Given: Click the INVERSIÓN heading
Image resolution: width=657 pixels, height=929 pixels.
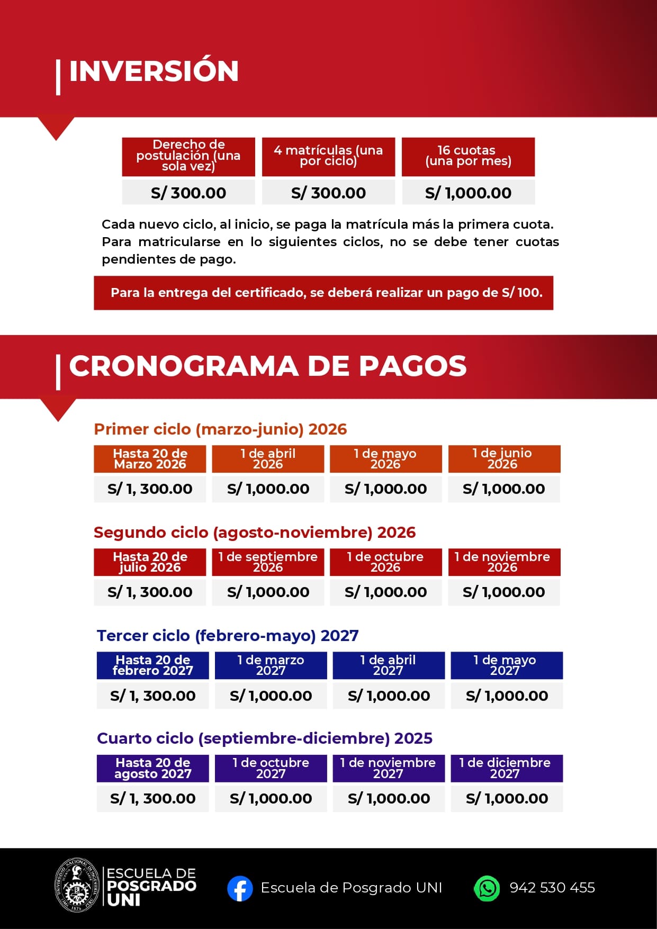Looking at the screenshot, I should pyautogui.click(x=154, y=71).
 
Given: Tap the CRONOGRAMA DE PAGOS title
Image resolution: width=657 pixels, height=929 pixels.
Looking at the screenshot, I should pyautogui.click(x=267, y=366).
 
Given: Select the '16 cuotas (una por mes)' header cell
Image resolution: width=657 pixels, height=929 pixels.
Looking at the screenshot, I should pyautogui.click(x=468, y=156).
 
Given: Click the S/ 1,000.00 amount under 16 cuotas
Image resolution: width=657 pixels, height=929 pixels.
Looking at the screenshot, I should pyautogui.click(x=468, y=193).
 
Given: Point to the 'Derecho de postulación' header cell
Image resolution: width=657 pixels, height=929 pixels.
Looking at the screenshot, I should pyautogui.click(x=188, y=156).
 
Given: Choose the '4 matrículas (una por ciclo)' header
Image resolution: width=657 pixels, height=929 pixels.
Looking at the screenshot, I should pyautogui.click(x=328, y=156).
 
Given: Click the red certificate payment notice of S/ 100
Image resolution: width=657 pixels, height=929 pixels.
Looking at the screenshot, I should pyautogui.click(x=323, y=293).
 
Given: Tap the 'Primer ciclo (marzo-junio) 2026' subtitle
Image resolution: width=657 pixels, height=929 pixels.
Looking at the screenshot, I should pyautogui.click(x=220, y=429).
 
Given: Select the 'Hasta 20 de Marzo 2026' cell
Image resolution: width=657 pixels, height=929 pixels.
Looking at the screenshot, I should pyautogui.click(x=150, y=459).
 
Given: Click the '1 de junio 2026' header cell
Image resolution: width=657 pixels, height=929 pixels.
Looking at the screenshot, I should pyautogui.click(x=503, y=459).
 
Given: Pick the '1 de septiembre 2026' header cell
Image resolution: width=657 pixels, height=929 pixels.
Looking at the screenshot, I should pyautogui.click(x=268, y=562).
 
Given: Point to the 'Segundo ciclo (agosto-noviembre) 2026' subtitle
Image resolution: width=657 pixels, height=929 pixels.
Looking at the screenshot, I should pyautogui.click(x=255, y=532).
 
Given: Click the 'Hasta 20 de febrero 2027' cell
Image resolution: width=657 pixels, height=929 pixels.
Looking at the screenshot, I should pyautogui.click(x=152, y=665).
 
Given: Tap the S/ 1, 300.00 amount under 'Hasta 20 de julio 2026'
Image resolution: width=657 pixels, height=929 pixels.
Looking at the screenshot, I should pyautogui.click(x=150, y=592).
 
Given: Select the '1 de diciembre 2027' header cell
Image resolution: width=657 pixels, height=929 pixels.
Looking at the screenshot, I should pyautogui.click(x=506, y=768).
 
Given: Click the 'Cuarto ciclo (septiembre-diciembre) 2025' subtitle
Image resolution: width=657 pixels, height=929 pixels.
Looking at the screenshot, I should pyautogui.click(x=265, y=738).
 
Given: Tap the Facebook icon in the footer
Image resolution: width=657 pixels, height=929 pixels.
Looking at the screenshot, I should pyautogui.click(x=240, y=888).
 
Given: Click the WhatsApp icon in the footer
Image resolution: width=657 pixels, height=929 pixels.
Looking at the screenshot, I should pyautogui.click(x=487, y=888).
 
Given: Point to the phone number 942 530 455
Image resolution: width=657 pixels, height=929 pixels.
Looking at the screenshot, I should pyautogui.click(x=552, y=888).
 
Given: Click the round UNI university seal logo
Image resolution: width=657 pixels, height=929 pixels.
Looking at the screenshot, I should pyautogui.click(x=78, y=886).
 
